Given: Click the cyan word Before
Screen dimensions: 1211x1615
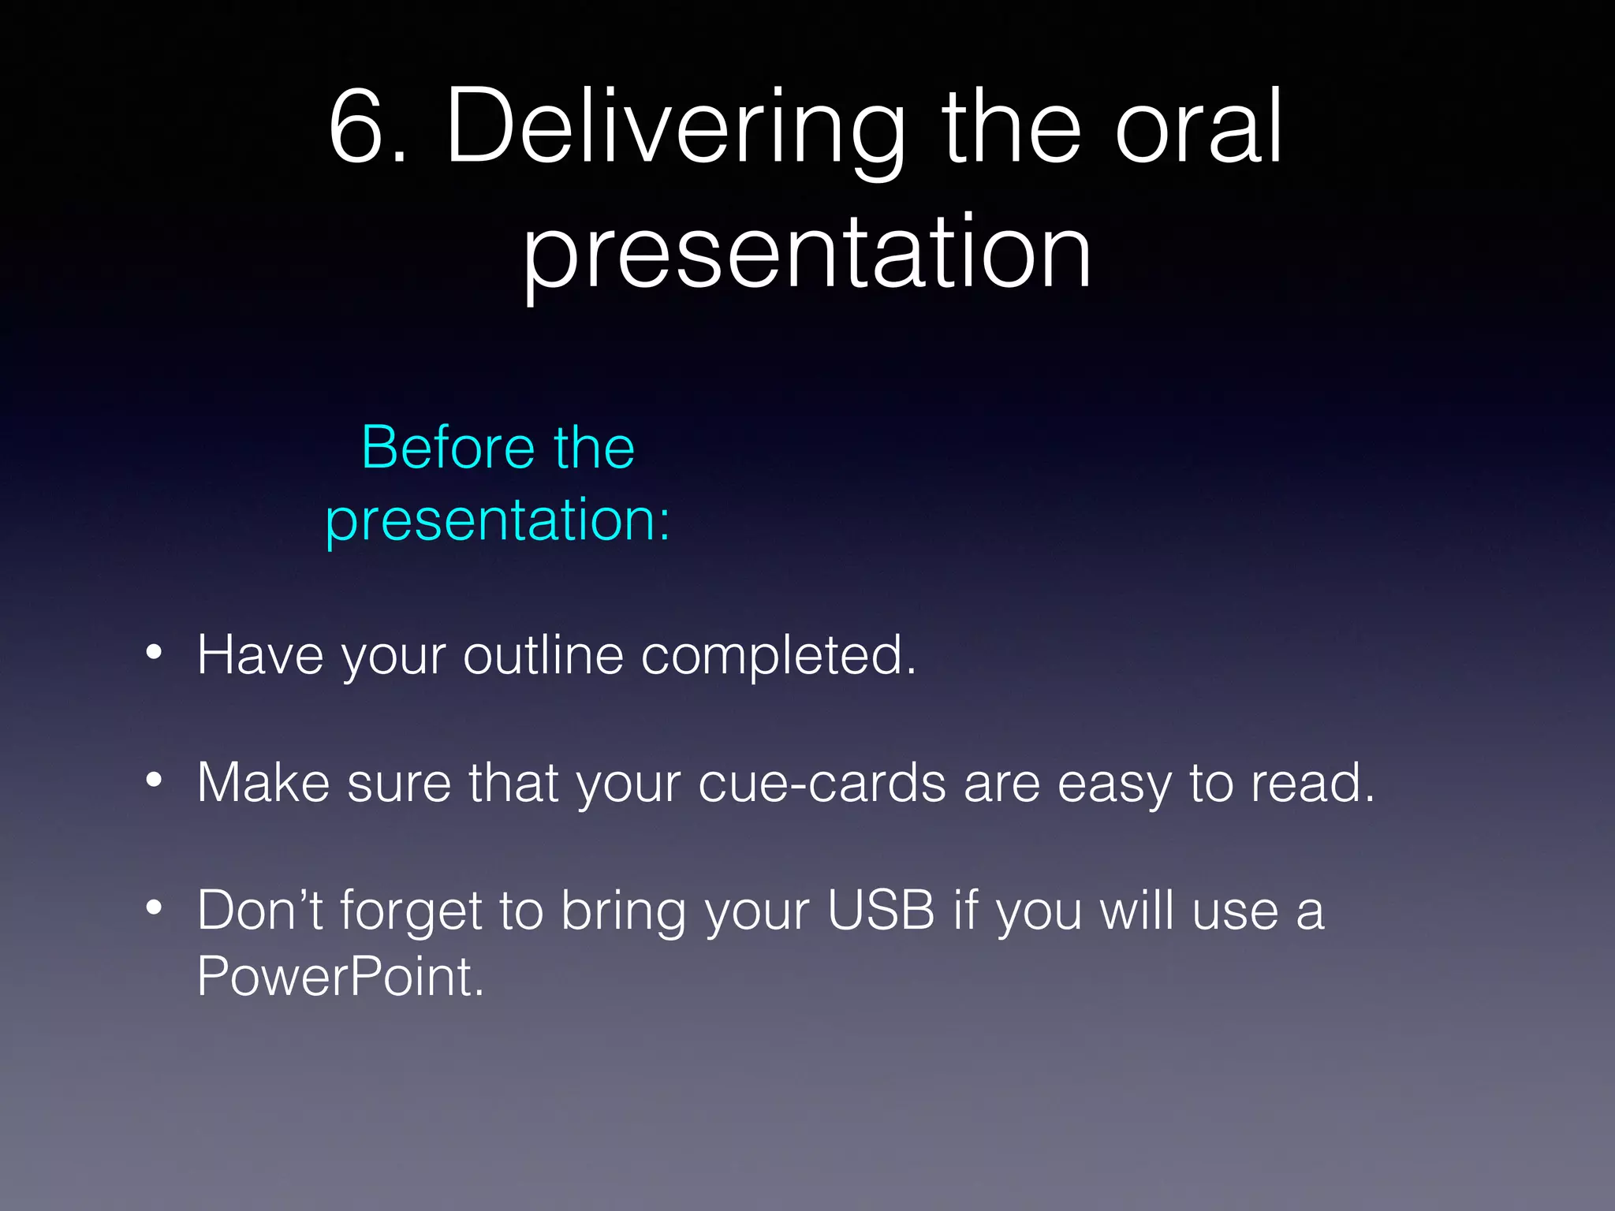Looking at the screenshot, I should coord(446,448).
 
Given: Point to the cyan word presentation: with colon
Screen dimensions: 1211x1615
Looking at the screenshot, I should coord(498,520).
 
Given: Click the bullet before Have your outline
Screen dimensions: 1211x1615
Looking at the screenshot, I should coord(154,653).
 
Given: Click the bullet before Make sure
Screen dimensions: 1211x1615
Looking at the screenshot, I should coord(154,781).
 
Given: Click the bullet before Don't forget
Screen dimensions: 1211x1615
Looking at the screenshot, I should coord(154,908).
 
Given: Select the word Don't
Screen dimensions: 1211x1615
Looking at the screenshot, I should coord(259,910).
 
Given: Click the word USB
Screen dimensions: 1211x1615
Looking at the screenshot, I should coord(880,910).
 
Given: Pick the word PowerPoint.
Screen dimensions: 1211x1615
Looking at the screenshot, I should coord(340,976).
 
